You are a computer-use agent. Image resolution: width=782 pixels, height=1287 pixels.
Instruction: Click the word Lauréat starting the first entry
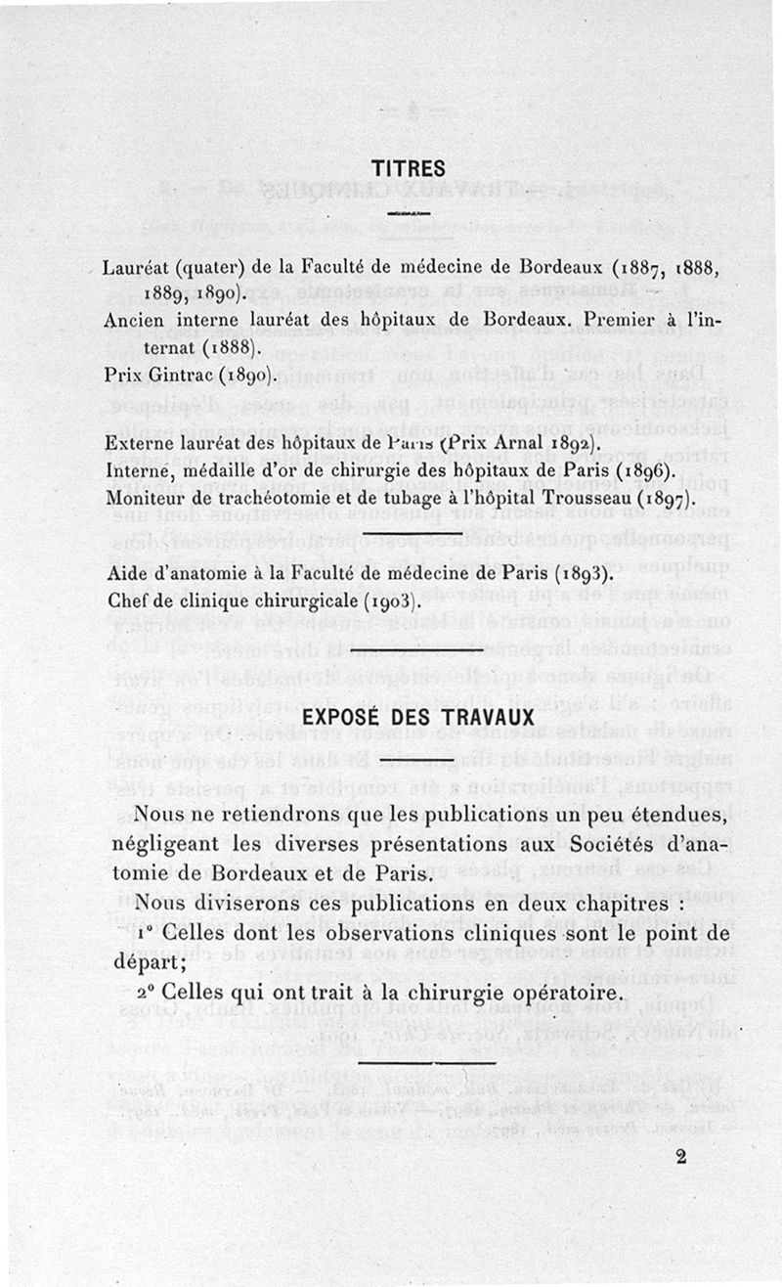(137, 268)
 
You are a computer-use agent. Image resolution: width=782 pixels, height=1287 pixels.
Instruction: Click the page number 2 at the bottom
(681, 1156)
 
